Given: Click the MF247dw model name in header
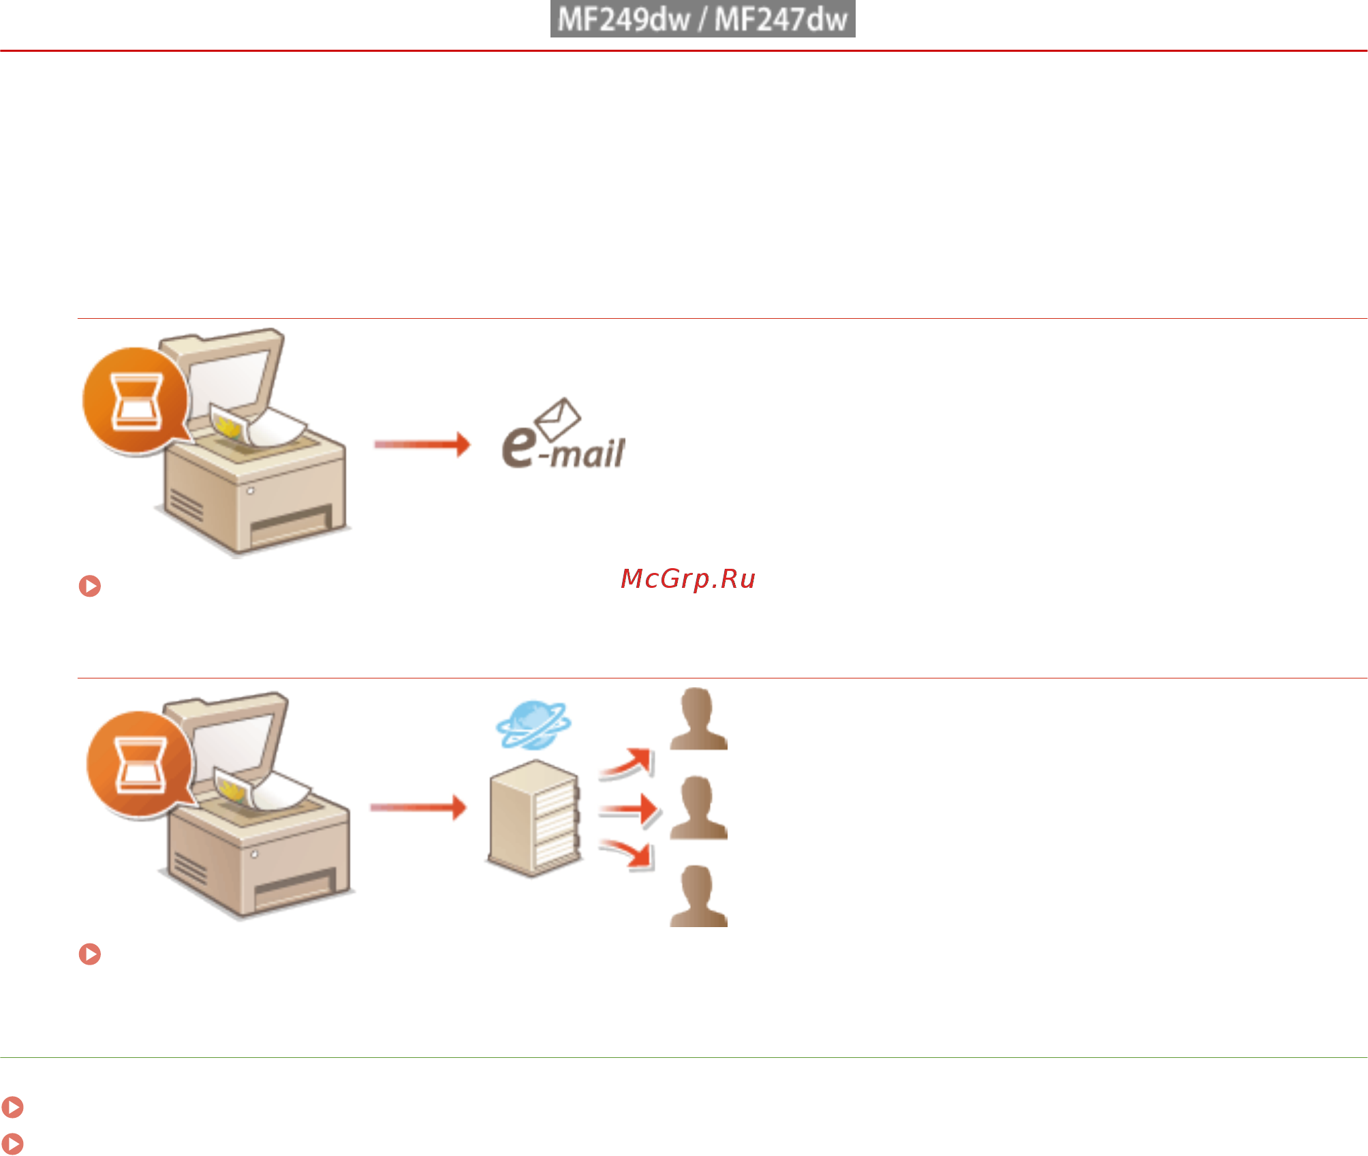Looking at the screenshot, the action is pos(781,19).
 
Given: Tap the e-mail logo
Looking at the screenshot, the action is pos(563,434).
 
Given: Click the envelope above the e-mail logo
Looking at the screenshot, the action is pos(558,419).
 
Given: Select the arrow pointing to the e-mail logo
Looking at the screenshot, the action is pos(422,444).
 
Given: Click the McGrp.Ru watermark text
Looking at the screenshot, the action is pos(688,579).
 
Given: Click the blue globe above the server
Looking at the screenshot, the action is pos(534,725).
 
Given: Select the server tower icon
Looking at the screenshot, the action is pos(534,818).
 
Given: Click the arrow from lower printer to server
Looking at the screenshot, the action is pos(418,807).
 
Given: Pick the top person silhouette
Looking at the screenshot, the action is pos(698,719).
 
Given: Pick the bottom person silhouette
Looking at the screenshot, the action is pos(698,896).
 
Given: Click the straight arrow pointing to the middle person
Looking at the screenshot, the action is pos(628,810).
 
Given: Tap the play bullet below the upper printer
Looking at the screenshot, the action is pos(90,586).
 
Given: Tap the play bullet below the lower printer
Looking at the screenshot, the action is pos(90,954).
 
